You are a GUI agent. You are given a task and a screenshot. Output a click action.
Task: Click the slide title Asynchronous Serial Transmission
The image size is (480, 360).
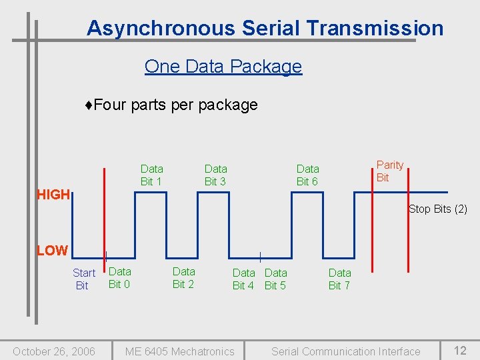tap(265, 28)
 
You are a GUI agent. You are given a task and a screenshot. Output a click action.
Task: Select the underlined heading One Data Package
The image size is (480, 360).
tap(223, 67)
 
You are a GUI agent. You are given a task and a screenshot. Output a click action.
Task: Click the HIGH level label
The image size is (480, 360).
tap(53, 195)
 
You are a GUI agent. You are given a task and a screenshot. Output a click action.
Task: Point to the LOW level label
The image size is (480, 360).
tap(52, 251)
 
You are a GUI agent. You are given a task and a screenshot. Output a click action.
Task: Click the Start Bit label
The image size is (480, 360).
tap(83, 279)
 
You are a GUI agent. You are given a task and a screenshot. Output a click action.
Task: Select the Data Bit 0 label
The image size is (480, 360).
tap(119, 277)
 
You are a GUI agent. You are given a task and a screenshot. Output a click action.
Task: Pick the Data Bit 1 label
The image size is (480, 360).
tap(151, 175)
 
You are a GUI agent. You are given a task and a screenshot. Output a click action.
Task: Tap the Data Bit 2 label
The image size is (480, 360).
tap(183, 277)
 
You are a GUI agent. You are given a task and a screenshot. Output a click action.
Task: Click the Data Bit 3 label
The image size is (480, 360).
tap(215, 175)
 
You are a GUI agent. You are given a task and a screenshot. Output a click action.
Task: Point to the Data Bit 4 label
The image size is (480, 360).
tap(243, 279)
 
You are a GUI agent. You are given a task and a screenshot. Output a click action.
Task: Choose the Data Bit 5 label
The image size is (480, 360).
tap(275, 279)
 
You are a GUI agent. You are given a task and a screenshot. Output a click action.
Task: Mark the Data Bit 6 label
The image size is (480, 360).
tap(307, 175)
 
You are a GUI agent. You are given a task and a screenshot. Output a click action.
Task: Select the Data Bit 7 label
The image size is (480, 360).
tap(339, 279)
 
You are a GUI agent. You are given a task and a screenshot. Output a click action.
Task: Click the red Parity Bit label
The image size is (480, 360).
tap(389, 171)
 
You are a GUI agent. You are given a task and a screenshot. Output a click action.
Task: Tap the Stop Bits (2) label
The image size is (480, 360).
tap(437, 209)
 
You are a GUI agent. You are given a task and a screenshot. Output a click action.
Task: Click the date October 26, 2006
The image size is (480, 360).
tap(54, 351)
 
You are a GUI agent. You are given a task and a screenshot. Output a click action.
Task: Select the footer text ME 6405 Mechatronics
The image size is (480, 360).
tap(180, 351)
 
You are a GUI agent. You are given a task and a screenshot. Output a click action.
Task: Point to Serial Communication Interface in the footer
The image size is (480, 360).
tap(345, 351)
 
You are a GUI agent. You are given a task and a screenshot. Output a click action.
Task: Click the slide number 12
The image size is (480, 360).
tap(460, 351)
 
